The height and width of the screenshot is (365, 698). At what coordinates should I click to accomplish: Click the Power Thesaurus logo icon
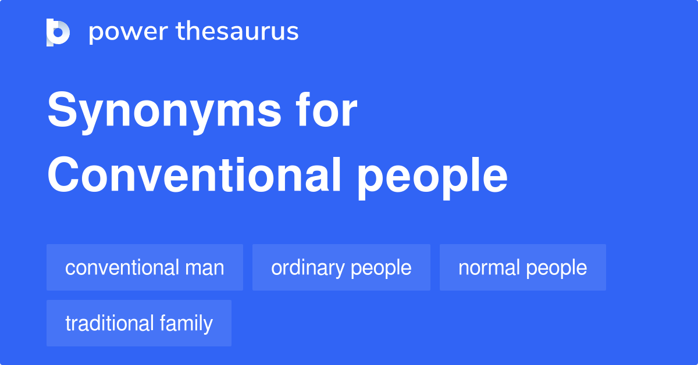pos(58,32)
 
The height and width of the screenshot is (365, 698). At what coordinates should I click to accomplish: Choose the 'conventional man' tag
pos(144,268)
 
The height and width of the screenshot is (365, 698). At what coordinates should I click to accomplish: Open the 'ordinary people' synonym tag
pos(341,268)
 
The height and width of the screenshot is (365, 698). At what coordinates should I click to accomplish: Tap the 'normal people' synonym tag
pos(522,268)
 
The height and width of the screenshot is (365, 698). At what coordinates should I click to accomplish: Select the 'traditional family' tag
pos(138,324)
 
